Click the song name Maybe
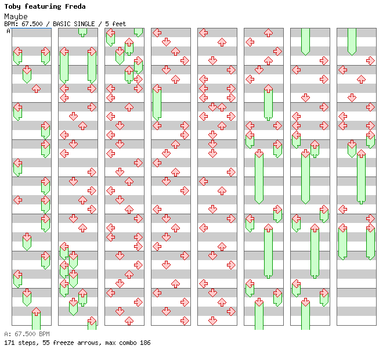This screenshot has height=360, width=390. (x=16, y=16)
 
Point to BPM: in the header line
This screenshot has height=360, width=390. (x=10, y=24)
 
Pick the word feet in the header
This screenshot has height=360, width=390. (x=119, y=24)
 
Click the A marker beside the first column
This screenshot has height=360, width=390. (x=9, y=31)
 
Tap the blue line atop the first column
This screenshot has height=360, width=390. (x=31, y=28)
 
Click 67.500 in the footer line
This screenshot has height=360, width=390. (x=23, y=334)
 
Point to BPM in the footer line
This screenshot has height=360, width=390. (x=44, y=334)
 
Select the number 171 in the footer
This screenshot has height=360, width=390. (x=9, y=343)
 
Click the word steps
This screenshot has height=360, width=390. (x=26, y=343)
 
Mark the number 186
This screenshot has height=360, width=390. (x=145, y=343)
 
